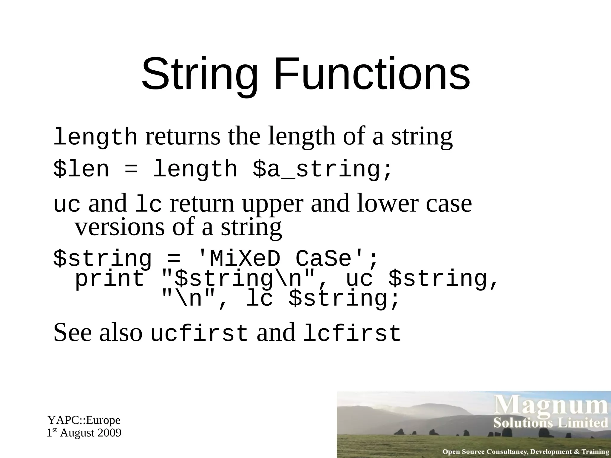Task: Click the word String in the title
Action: coord(199,75)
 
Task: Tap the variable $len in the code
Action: coord(81,169)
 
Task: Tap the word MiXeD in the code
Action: coord(245,259)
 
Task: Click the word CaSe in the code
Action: coord(325,259)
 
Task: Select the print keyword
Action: coord(109,278)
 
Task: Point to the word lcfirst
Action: coord(352,333)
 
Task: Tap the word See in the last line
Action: coord(72,333)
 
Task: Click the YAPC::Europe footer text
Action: coord(84,420)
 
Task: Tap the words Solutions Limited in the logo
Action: coord(550,423)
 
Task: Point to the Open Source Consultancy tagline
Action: coord(525,452)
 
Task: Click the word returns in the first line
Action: coord(183,136)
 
